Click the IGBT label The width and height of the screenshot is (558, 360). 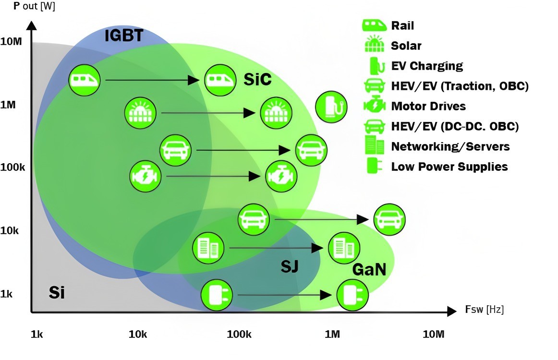tap(124, 36)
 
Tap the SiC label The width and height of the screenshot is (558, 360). tap(257, 80)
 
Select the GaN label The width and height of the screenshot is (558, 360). tap(369, 270)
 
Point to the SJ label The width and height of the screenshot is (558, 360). tap(290, 265)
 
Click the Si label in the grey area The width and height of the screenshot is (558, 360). tap(57, 292)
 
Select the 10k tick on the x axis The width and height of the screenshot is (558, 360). tap(138, 334)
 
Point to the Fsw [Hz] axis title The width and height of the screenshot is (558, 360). tap(484, 310)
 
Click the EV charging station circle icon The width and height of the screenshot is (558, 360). tap(331, 107)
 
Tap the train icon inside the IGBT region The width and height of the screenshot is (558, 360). tap(85, 79)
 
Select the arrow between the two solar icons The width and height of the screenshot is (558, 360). tap(207, 113)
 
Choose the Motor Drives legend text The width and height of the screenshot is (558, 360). tap(428, 106)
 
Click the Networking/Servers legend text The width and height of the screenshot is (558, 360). tap(450, 146)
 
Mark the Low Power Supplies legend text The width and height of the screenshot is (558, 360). tap(449, 167)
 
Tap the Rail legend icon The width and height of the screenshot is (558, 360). tap(375, 25)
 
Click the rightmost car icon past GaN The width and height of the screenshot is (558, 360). tap(389, 219)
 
